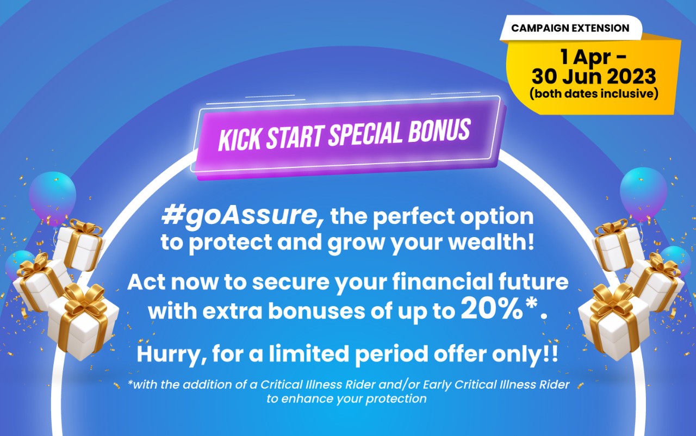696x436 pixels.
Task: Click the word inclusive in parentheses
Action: point(632,94)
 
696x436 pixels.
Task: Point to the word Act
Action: point(147,283)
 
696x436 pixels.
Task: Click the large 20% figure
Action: point(486,309)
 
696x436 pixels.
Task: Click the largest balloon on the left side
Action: point(52,193)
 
